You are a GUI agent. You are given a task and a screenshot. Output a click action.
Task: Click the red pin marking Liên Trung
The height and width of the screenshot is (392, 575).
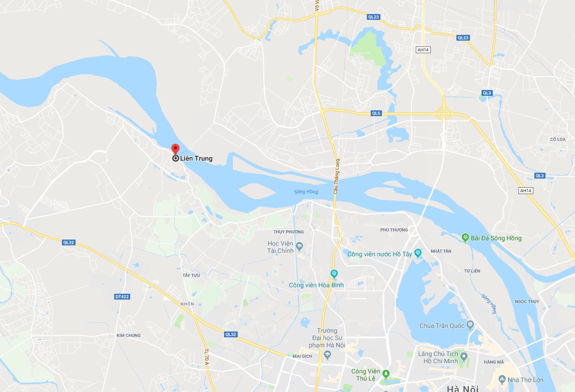[x=176, y=149]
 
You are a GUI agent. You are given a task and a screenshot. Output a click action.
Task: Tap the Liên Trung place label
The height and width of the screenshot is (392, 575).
[x=196, y=158]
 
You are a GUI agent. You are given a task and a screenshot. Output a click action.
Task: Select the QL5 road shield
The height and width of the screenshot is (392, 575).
[x=376, y=113]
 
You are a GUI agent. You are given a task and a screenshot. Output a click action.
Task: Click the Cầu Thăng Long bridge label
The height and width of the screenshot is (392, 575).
[x=335, y=177]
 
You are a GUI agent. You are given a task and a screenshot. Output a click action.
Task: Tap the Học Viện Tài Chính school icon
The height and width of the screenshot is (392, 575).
[x=300, y=246]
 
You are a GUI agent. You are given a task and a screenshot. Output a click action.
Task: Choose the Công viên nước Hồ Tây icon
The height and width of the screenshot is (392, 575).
[x=418, y=253]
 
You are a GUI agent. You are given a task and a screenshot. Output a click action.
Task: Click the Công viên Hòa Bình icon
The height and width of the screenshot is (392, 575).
[x=333, y=274]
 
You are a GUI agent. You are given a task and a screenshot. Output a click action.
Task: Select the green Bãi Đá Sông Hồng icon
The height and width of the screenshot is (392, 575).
[x=465, y=238]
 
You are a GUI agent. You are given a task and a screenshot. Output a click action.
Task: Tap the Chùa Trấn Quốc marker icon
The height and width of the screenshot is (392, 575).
[x=469, y=324]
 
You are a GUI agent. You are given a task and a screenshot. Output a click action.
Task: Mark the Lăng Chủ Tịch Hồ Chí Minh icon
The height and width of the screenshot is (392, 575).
[x=464, y=357]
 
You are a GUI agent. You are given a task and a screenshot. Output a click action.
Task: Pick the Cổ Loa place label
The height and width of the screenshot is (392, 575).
[x=558, y=139]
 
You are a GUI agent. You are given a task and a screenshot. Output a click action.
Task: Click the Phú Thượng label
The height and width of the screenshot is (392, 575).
[x=394, y=230]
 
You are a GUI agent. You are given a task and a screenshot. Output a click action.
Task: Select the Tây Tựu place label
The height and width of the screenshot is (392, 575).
[x=191, y=275]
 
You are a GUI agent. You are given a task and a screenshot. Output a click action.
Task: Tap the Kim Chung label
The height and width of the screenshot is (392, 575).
[x=129, y=335]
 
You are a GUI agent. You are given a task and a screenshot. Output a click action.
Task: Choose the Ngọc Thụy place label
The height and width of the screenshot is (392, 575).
[x=527, y=302]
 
